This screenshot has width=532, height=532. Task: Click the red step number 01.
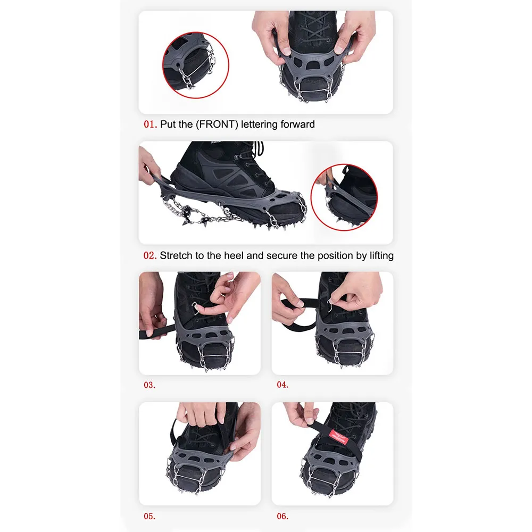150,124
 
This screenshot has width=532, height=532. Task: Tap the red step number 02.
150,255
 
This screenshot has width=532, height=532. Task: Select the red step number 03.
149,385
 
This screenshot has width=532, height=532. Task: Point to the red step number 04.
282,385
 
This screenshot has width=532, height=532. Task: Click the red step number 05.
149,517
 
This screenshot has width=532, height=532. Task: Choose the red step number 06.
282,517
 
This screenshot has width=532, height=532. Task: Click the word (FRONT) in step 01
217,124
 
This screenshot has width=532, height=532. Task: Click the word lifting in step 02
381,256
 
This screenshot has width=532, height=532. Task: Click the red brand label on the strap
338,437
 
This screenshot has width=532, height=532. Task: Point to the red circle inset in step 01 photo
163,65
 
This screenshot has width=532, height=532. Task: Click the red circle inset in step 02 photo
311,197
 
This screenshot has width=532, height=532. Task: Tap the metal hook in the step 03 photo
195,308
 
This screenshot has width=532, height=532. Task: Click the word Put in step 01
168,124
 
